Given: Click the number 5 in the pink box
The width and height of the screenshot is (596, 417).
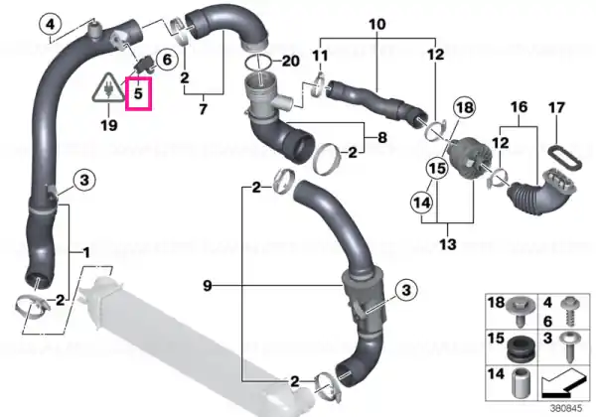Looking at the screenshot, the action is pyautogui.click(x=138, y=93).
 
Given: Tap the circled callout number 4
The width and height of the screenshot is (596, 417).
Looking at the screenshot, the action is pyautogui.click(x=51, y=25).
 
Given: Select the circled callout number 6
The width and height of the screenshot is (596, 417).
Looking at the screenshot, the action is pyautogui.click(x=167, y=60).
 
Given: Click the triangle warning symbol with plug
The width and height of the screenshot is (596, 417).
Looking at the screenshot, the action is pyautogui.click(x=109, y=87).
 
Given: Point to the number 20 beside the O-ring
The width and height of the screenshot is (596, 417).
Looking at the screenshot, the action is pyautogui.click(x=291, y=62).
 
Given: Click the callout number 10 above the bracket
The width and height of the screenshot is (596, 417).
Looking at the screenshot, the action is pyautogui.click(x=377, y=24).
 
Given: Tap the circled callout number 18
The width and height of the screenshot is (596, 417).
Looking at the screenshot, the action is pyautogui.click(x=465, y=108).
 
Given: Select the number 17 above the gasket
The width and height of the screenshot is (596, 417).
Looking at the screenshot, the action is pyautogui.click(x=556, y=108).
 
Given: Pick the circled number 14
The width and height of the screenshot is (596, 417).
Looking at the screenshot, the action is pyautogui.click(x=421, y=203).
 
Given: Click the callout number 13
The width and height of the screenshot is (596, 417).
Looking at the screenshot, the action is pyautogui.click(x=447, y=243).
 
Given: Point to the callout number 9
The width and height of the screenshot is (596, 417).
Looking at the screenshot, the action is pyautogui.click(x=208, y=286).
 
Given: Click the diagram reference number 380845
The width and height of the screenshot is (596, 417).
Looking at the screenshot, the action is pyautogui.click(x=566, y=409).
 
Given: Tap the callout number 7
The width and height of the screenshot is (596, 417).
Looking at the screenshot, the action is pyautogui.click(x=203, y=109).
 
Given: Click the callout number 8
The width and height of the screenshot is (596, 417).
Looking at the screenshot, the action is pyautogui.click(x=382, y=137).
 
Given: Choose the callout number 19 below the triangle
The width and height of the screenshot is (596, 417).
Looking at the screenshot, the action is pyautogui.click(x=109, y=124).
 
